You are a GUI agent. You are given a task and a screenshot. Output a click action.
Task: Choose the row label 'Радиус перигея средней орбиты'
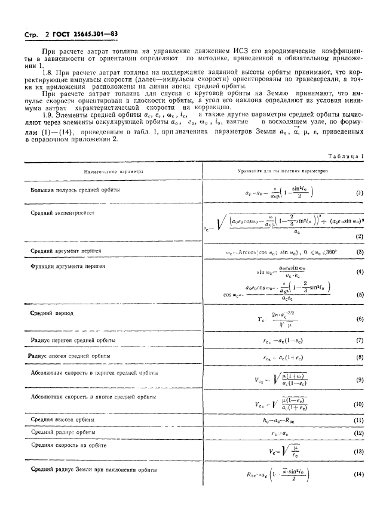(73, 340)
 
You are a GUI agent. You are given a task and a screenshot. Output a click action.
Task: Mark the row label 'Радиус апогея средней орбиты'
(72, 356)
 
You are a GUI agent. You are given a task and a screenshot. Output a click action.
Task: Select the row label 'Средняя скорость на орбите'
(68, 445)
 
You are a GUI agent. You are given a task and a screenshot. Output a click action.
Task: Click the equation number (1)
(359, 193)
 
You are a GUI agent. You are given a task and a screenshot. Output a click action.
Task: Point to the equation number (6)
(359, 320)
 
